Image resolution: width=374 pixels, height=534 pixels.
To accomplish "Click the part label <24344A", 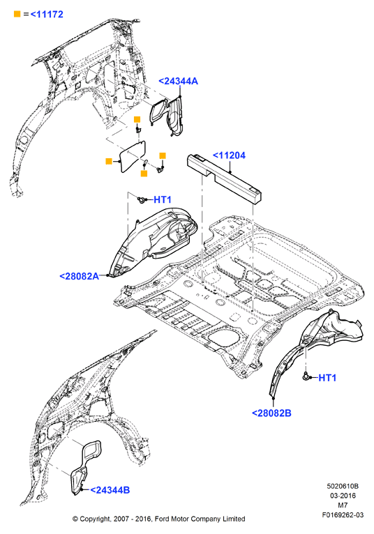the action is pyautogui.click(x=178, y=81).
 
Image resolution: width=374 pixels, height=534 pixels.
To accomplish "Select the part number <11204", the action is pyautogui.click(x=229, y=155).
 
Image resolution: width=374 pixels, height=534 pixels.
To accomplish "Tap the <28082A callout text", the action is pyautogui.click(x=79, y=276).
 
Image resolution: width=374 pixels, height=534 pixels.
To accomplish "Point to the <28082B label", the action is pyautogui.click(x=271, y=413).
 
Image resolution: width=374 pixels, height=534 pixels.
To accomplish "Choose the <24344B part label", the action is pyautogui.click(x=110, y=490).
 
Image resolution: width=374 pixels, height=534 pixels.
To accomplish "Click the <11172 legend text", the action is pyautogui.click(x=47, y=15).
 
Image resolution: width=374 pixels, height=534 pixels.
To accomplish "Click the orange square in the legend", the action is pyautogui.click(x=17, y=14).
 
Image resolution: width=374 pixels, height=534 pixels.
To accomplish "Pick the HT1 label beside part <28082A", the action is pyautogui.click(x=163, y=199).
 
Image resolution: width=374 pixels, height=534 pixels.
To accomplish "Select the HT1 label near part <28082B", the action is pyautogui.click(x=327, y=378).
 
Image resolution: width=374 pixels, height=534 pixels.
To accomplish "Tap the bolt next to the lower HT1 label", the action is pyautogui.click(x=306, y=376).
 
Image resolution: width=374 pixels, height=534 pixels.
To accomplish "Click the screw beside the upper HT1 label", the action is pyautogui.click(x=142, y=199).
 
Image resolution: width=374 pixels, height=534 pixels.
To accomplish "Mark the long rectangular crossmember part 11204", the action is pyautogui.click(x=224, y=178).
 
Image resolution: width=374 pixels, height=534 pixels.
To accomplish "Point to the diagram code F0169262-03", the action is pyautogui.click(x=343, y=515).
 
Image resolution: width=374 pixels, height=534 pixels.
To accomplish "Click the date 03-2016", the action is pyautogui.click(x=343, y=496).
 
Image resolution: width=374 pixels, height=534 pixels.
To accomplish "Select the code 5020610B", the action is pyautogui.click(x=343, y=486).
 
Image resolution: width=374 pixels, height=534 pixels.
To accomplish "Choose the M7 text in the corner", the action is pyautogui.click(x=343, y=505).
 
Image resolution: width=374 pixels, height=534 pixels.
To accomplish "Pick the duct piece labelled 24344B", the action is pyautogui.click(x=84, y=466).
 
